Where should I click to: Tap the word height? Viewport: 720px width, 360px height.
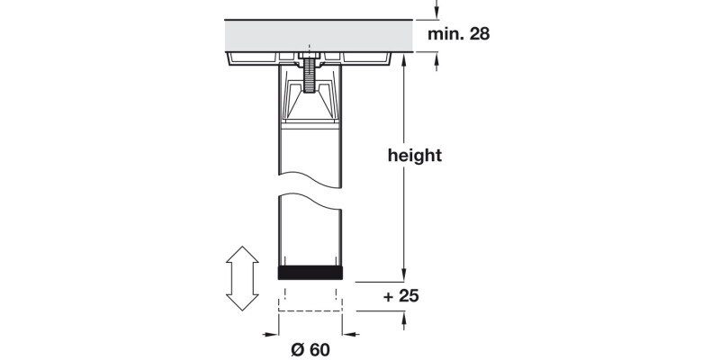click(414, 155)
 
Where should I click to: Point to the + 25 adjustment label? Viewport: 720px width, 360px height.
click(401, 295)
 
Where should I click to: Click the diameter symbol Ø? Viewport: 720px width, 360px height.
click(295, 350)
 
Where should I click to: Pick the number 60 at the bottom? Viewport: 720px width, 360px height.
click(319, 350)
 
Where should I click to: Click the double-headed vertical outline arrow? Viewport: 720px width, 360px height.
click(241, 280)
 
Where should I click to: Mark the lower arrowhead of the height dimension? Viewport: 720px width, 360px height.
click(404, 274)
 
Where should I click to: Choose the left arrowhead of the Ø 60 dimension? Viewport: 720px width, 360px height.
click(273, 333)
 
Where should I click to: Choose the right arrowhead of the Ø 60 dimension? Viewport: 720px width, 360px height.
click(348, 333)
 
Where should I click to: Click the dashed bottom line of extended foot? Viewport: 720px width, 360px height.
click(310, 310)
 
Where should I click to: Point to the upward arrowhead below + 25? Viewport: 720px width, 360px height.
click(404, 317)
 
